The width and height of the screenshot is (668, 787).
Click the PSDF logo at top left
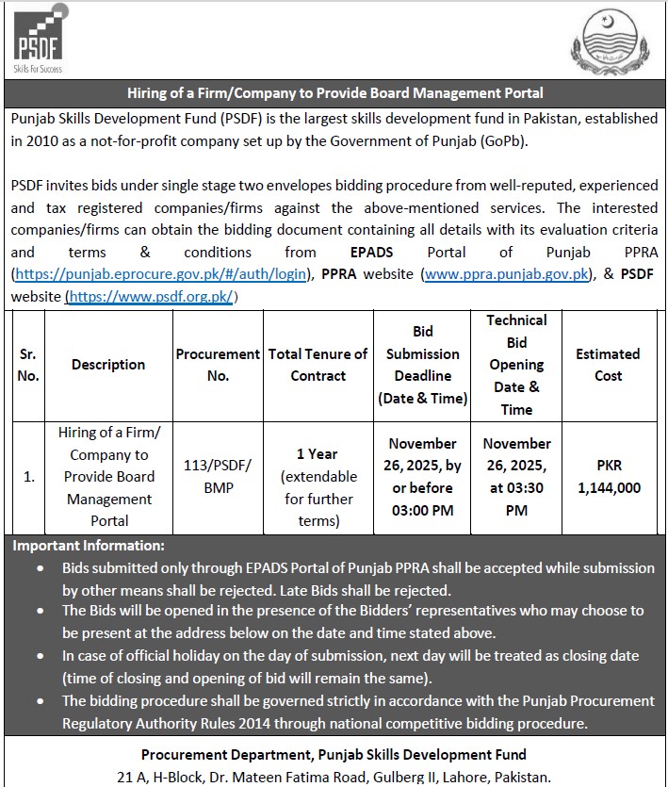pos(39,42)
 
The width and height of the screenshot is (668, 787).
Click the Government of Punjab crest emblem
pos(611,45)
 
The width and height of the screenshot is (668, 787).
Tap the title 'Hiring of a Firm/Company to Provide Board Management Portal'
pos(334,93)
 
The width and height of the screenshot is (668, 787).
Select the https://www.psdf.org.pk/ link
pos(152,297)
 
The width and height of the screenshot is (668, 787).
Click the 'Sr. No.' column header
pos(27,365)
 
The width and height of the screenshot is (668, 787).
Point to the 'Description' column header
pos(108,365)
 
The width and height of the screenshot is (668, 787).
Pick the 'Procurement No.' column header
pos(218,365)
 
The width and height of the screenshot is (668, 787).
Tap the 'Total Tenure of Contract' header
pos(318,365)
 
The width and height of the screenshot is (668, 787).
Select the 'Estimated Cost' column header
pos(608,365)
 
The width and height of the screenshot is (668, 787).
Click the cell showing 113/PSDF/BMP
pos(218,477)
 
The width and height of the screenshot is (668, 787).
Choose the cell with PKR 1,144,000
pos(608,477)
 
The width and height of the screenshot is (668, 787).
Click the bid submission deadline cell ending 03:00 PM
pos(423,477)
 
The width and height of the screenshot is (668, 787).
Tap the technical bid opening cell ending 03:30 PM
pos(516,477)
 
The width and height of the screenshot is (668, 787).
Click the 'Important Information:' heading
pos(89,546)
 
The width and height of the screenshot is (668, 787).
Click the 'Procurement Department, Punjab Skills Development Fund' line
pos(334,754)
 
